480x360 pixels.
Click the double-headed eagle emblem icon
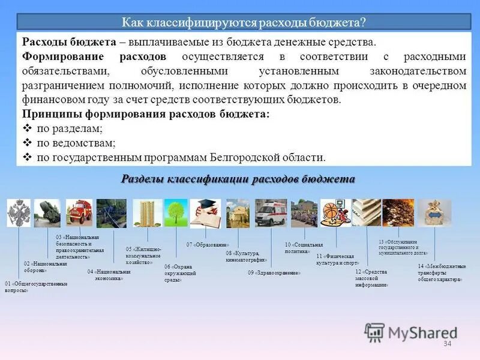(x=19, y=213)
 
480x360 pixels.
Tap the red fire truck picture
(x=79, y=213)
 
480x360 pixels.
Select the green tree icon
(x=176, y=213)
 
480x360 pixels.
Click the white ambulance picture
(x=271, y=213)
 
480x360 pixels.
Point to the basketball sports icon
(x=334, y=213)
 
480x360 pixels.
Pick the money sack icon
(x=435, y=213)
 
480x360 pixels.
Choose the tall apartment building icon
(x=145, y=213)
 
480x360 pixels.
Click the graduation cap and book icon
(x=206, y=213)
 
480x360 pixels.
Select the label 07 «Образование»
(x=208, y=245)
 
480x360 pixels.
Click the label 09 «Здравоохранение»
(x=274, y=273)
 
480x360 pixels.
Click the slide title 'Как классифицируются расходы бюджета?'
(x=244, y=22)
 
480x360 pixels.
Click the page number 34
(x=447, y=343)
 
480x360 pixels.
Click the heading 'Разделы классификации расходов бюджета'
(x=238, y=179)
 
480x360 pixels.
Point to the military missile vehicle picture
(x=48, y=213)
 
